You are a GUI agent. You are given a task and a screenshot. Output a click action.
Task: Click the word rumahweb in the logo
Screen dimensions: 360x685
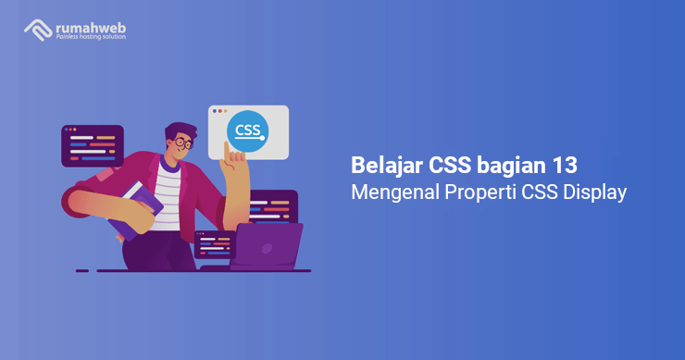click(91, 26)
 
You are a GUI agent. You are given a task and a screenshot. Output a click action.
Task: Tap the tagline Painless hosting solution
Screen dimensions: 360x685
click(91, 38)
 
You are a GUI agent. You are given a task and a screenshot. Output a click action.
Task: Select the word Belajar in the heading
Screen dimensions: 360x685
click(387, 166)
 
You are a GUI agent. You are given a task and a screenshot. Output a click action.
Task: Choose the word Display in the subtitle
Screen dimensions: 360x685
click(594, 194)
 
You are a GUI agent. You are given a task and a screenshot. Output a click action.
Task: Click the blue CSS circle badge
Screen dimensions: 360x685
click(247, 130)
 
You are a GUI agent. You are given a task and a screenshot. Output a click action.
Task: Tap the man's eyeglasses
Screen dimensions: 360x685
click(183, 143)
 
